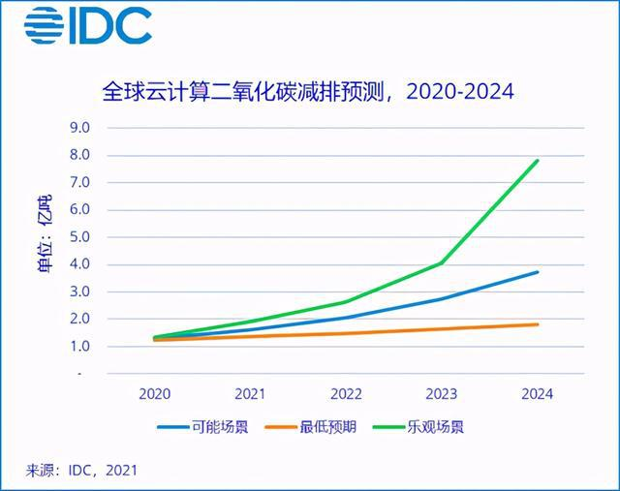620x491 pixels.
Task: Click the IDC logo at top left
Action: coord(88,26)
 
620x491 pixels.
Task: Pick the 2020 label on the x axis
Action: coord(155,394)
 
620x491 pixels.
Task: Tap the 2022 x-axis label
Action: coord(346,394)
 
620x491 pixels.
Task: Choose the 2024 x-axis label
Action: coord(538,394)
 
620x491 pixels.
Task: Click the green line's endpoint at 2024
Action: coord(538,161)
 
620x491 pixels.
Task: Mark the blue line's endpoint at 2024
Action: coord(538,272)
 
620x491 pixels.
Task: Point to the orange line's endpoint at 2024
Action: coord(538,324)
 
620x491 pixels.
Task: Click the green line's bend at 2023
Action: coord(442,262)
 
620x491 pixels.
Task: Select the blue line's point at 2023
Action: coord(442,298)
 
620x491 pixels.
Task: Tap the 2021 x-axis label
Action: coord(251,394)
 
